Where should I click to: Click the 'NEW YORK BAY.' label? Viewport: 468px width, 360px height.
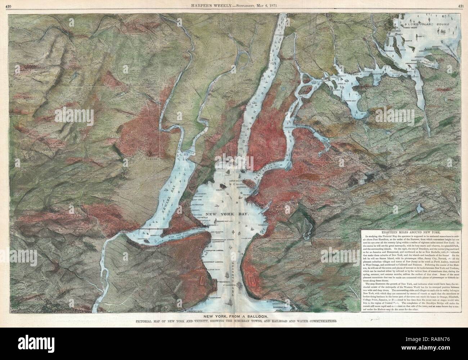click(x=233, y=214)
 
